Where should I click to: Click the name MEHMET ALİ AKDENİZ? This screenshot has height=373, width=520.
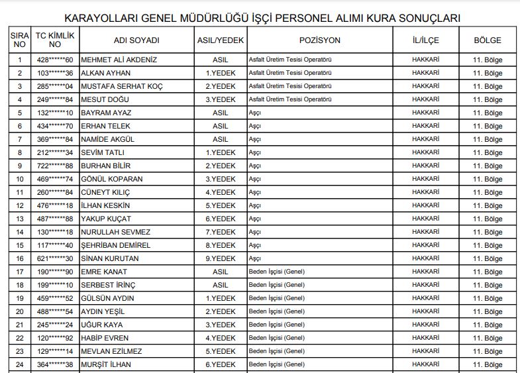(x=119, y=59)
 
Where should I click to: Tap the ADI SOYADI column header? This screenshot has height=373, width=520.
(x=136, y=40)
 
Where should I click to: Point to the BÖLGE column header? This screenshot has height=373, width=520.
(x=488, y=40)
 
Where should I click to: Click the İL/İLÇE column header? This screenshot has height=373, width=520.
(x=425, y=40)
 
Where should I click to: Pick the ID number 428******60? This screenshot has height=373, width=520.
(x=54, y=59)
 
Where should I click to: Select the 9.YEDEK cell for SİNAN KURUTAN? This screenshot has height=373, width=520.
(x=220, y=258)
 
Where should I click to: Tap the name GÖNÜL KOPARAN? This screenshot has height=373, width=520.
(x=111, y=179)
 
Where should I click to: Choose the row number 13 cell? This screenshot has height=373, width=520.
(x=20, y=219)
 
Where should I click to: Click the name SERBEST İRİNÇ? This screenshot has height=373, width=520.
(x=108, y=285)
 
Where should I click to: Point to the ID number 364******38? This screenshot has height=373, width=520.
(x=54, y=364)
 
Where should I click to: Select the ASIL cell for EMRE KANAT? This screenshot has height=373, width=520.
(x=220, y=272)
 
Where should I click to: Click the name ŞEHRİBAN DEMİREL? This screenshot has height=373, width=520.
(x=115, y=245)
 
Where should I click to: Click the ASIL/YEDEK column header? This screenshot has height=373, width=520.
(x=221, y=40)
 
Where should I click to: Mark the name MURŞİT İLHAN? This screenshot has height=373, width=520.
(x=107, y=364)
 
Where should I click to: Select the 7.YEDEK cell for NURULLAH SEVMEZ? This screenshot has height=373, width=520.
(x=220, y=232)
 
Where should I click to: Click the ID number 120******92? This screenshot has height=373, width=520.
(x=54, y=338)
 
